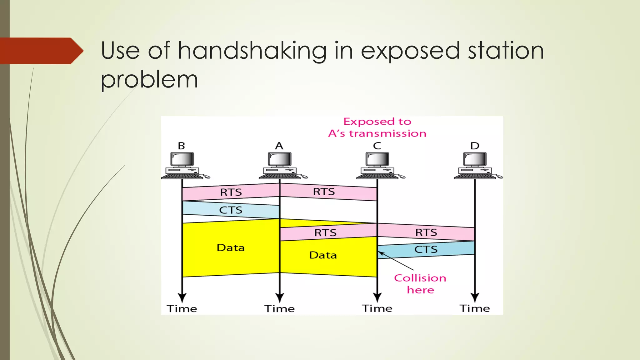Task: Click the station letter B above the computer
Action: pos(182,146)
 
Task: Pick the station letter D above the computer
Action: pos(475,146)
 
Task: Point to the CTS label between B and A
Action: pos(231,210)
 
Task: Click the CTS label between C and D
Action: pos(426,249)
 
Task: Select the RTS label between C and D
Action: pos(426,232)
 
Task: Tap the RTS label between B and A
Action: pos(231,192)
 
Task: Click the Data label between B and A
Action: pos(231,248)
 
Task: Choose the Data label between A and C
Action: pos(323,255)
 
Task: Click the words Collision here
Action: pos(420,284)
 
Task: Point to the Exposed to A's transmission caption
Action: pos(377,127)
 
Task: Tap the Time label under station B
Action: pos(182,309)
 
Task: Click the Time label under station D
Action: pos(475,308)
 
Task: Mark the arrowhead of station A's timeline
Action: pos(280,297)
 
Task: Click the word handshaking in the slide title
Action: pos(252,51)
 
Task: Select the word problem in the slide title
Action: pos(149,79)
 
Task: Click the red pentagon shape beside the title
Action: pos(41,51)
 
